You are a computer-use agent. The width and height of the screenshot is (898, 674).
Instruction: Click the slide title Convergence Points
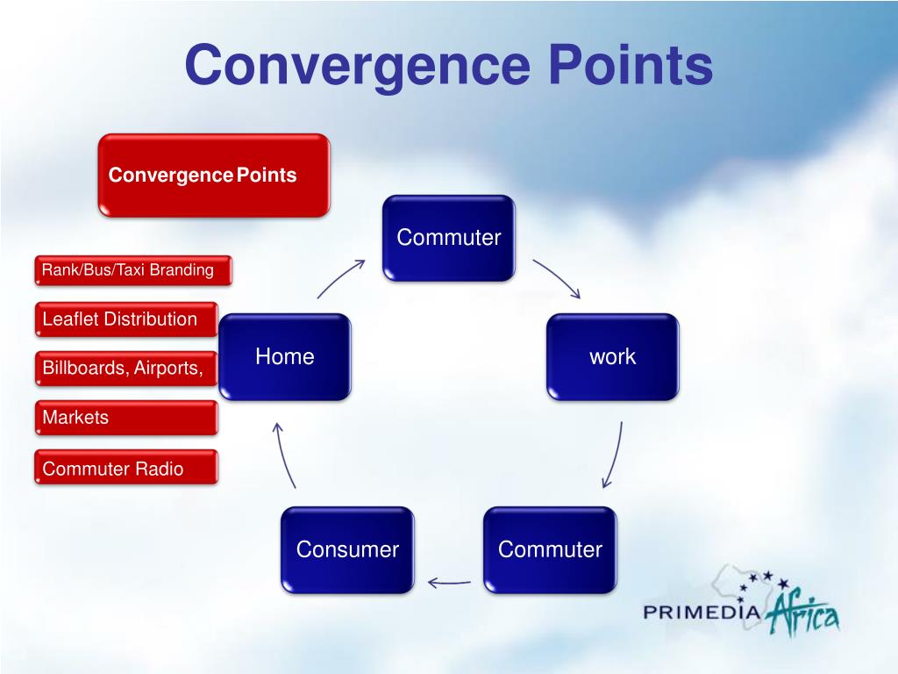click(448, 66)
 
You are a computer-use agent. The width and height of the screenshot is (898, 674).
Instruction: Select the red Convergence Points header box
click(213, 175)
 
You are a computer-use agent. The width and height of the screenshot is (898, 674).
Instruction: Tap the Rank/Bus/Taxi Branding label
click(134, 270)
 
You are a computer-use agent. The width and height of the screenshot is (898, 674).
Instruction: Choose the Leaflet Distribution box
click(127, 319)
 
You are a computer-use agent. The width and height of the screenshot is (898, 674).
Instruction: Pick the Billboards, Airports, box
click(127, 369)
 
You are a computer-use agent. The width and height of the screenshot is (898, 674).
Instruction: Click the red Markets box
click(127, 418)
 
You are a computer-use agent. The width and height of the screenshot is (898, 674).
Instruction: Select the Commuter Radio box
click(127, 469)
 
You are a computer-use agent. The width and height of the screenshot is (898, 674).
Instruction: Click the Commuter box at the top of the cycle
click(448, 238)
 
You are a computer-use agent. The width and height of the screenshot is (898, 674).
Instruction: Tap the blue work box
click(612, 357)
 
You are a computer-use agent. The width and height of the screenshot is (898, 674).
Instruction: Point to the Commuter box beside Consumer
click(550, 550)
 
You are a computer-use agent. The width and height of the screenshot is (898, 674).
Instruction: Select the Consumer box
click(347, 550)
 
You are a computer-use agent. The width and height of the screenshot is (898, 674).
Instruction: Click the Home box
click(285, 357)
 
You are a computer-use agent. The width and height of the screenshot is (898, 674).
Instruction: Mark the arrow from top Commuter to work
click(556, 278)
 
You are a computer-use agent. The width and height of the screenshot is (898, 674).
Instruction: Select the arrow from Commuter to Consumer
click(449, 581)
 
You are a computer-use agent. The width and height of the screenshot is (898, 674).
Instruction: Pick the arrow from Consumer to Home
click(285, 455)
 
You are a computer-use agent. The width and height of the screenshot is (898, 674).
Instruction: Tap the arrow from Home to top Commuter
click(340, 278)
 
